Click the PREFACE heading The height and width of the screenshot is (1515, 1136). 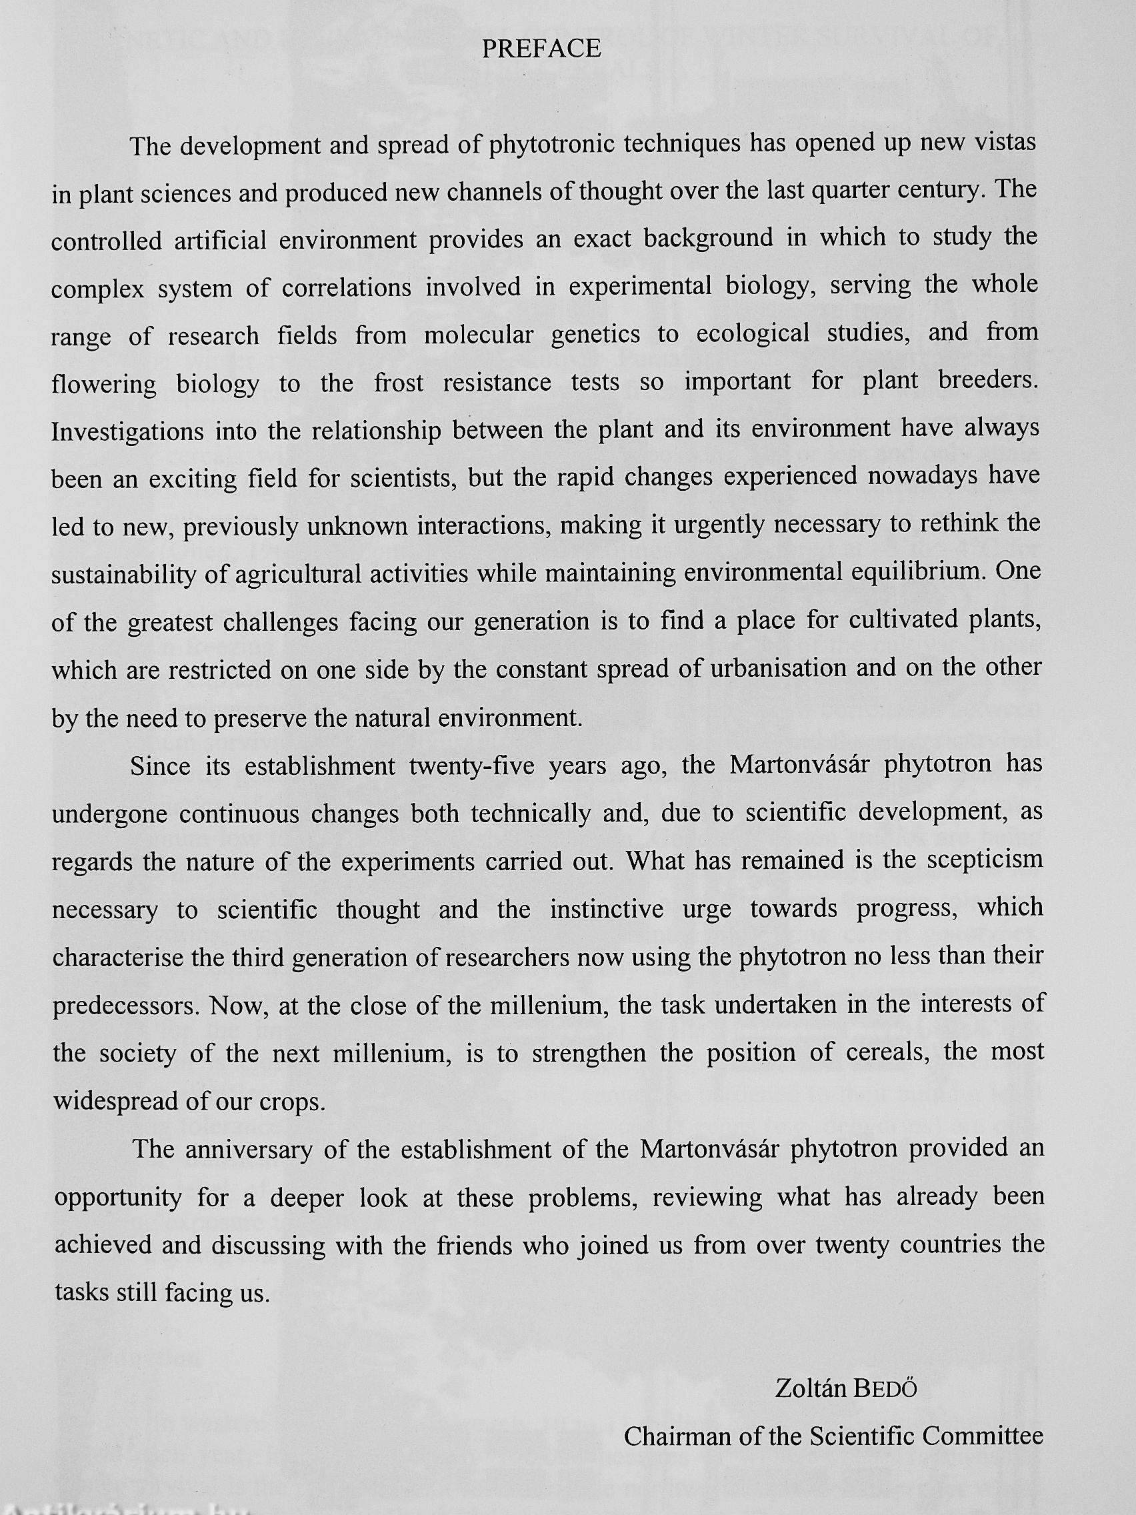point(541,49)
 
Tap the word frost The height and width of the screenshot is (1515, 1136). point(399,382)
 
